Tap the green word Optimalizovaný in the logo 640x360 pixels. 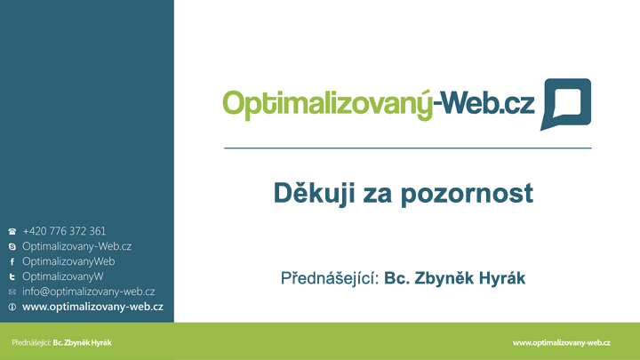327,105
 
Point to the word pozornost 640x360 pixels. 467,195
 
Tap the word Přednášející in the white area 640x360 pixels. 330,278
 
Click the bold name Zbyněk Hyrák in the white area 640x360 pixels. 470,278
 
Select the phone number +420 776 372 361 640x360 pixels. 64,231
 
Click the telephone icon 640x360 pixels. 12,231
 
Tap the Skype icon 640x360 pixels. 12,246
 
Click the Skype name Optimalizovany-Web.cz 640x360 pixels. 76,246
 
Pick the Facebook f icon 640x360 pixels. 12,261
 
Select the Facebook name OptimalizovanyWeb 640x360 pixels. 68,261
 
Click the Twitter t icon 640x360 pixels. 12,276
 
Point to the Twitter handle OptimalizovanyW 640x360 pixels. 63,276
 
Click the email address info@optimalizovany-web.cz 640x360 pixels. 89,292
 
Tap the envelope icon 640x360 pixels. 12,292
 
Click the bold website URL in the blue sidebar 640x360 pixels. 92,307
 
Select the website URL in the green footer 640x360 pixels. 562,343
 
